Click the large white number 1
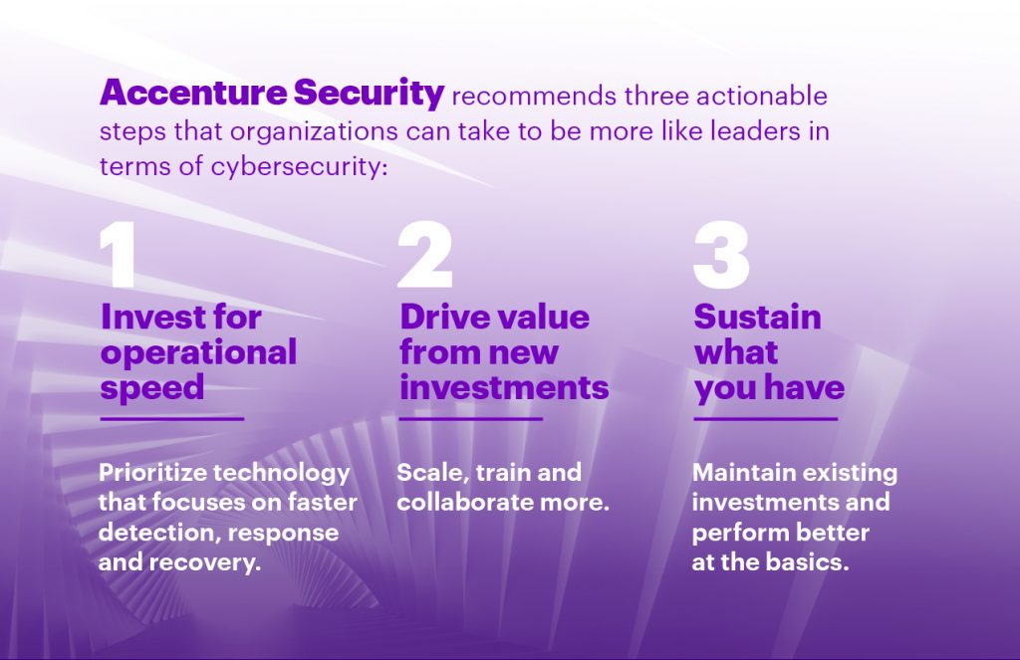(x=118, y=254)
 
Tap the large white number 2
(x=424, y=254)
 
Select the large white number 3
(x=721, y=254)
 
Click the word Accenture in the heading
(x=193, y=93)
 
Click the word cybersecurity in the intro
(x=299, y=166)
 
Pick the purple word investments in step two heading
(x=504, y=387)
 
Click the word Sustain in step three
(x=757, y=317)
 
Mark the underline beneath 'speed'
(x=171, y=419)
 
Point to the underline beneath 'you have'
(x=766, y=419)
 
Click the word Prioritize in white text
(x=152, y=472)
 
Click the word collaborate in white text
(x=456, y=502)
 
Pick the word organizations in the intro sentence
(x=314, y=132)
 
